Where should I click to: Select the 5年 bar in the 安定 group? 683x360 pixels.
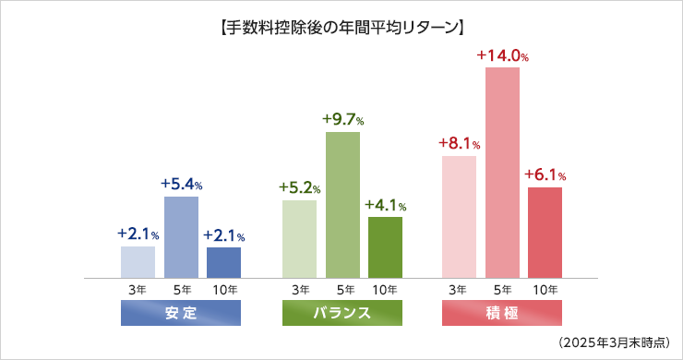coord(181,236)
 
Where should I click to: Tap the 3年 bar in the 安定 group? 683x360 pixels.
coord(138,261)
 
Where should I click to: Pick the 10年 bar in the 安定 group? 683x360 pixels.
coord(223,262)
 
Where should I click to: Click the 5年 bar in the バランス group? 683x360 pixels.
coord(342,204)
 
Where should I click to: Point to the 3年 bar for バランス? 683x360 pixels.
coord(300,238)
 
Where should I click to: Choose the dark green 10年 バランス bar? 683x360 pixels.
coord(385,246)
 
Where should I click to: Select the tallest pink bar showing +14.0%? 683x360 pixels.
coord(502,172)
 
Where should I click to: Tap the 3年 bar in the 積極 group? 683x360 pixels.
coord(459,216)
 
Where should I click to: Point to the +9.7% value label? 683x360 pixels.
coord(342,120)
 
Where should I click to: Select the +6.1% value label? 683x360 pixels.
coord(545,174)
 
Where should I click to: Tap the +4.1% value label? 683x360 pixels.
coord(385,205)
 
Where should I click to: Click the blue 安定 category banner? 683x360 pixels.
coord(181,313)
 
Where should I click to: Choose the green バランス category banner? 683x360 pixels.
coord(342,313)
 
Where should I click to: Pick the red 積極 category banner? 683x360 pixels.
coord(502,313)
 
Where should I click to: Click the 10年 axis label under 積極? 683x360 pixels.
coord(545,290)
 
